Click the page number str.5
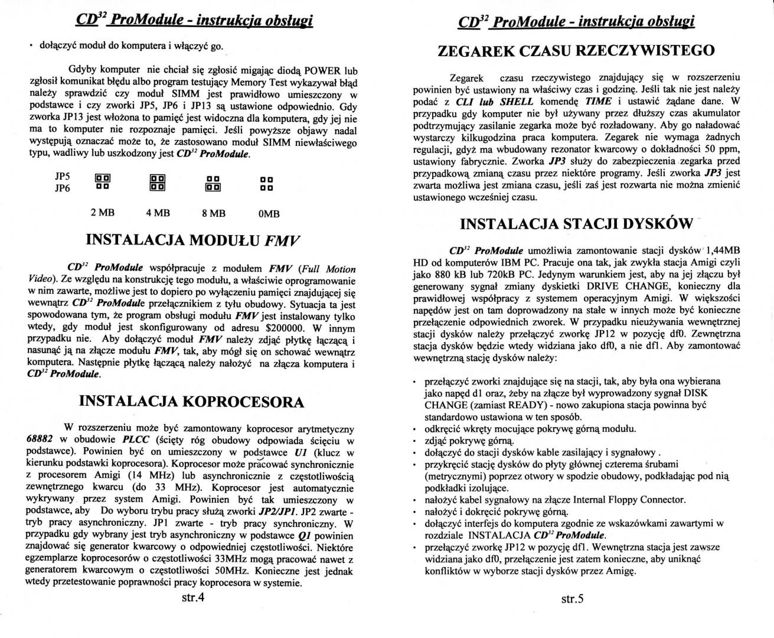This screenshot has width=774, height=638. [x=572, y=598]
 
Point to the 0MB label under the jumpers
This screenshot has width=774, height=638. [x=269, y=214]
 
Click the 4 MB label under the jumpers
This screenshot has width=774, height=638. [x=158, y=213]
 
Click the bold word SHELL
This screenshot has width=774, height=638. [x=517, y=101]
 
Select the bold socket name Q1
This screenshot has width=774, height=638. [x=305, y=536]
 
